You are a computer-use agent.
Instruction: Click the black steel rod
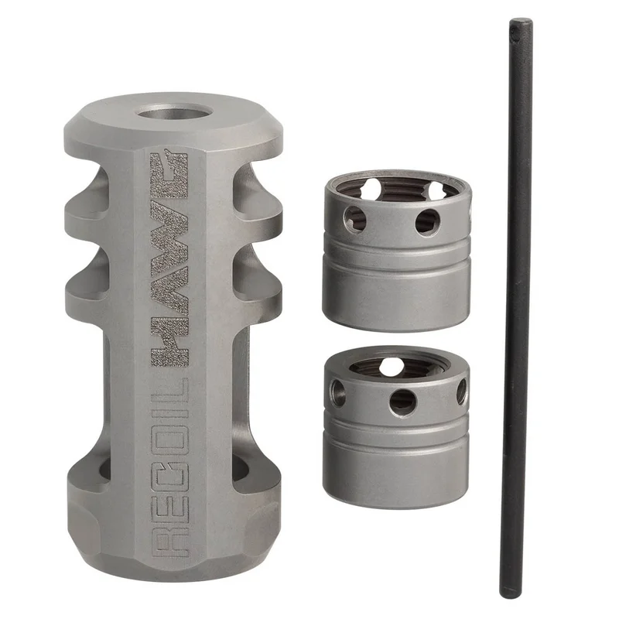pyautogui.click(x=515, y=307)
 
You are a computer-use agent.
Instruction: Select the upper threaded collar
pyautogui.click(x=397, y=251)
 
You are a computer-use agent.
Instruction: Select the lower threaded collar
pyautogui.click(x=396, y=427)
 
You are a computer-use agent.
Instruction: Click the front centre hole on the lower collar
pyautogui.click(x=402, y=403)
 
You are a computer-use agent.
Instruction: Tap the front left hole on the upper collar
pyautogui.click(x=354, y=218)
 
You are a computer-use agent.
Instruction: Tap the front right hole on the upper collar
pyautogui.click(x=427, y=222)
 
